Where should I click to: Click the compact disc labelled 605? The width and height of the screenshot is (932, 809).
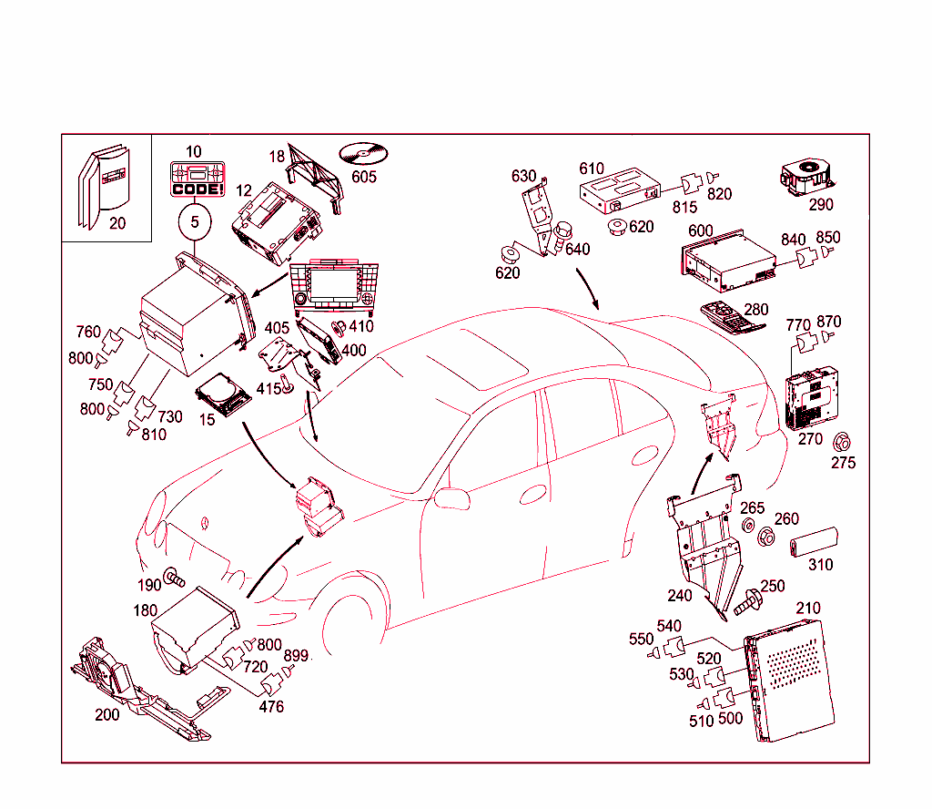364,152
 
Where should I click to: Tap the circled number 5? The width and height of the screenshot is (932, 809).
194,220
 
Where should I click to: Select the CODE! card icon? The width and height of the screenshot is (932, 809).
196,179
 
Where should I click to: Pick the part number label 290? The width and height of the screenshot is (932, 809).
820,204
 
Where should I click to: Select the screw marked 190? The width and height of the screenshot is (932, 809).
174,578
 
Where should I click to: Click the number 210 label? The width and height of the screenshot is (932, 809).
807,608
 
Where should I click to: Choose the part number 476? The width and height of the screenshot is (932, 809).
271,706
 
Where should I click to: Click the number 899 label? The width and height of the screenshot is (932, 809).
296,655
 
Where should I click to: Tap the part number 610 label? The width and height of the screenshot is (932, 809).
592,169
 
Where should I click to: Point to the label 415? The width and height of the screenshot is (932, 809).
268,388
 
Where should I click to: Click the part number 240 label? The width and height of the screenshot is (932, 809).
680,595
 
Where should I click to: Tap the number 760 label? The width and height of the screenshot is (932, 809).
88,331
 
